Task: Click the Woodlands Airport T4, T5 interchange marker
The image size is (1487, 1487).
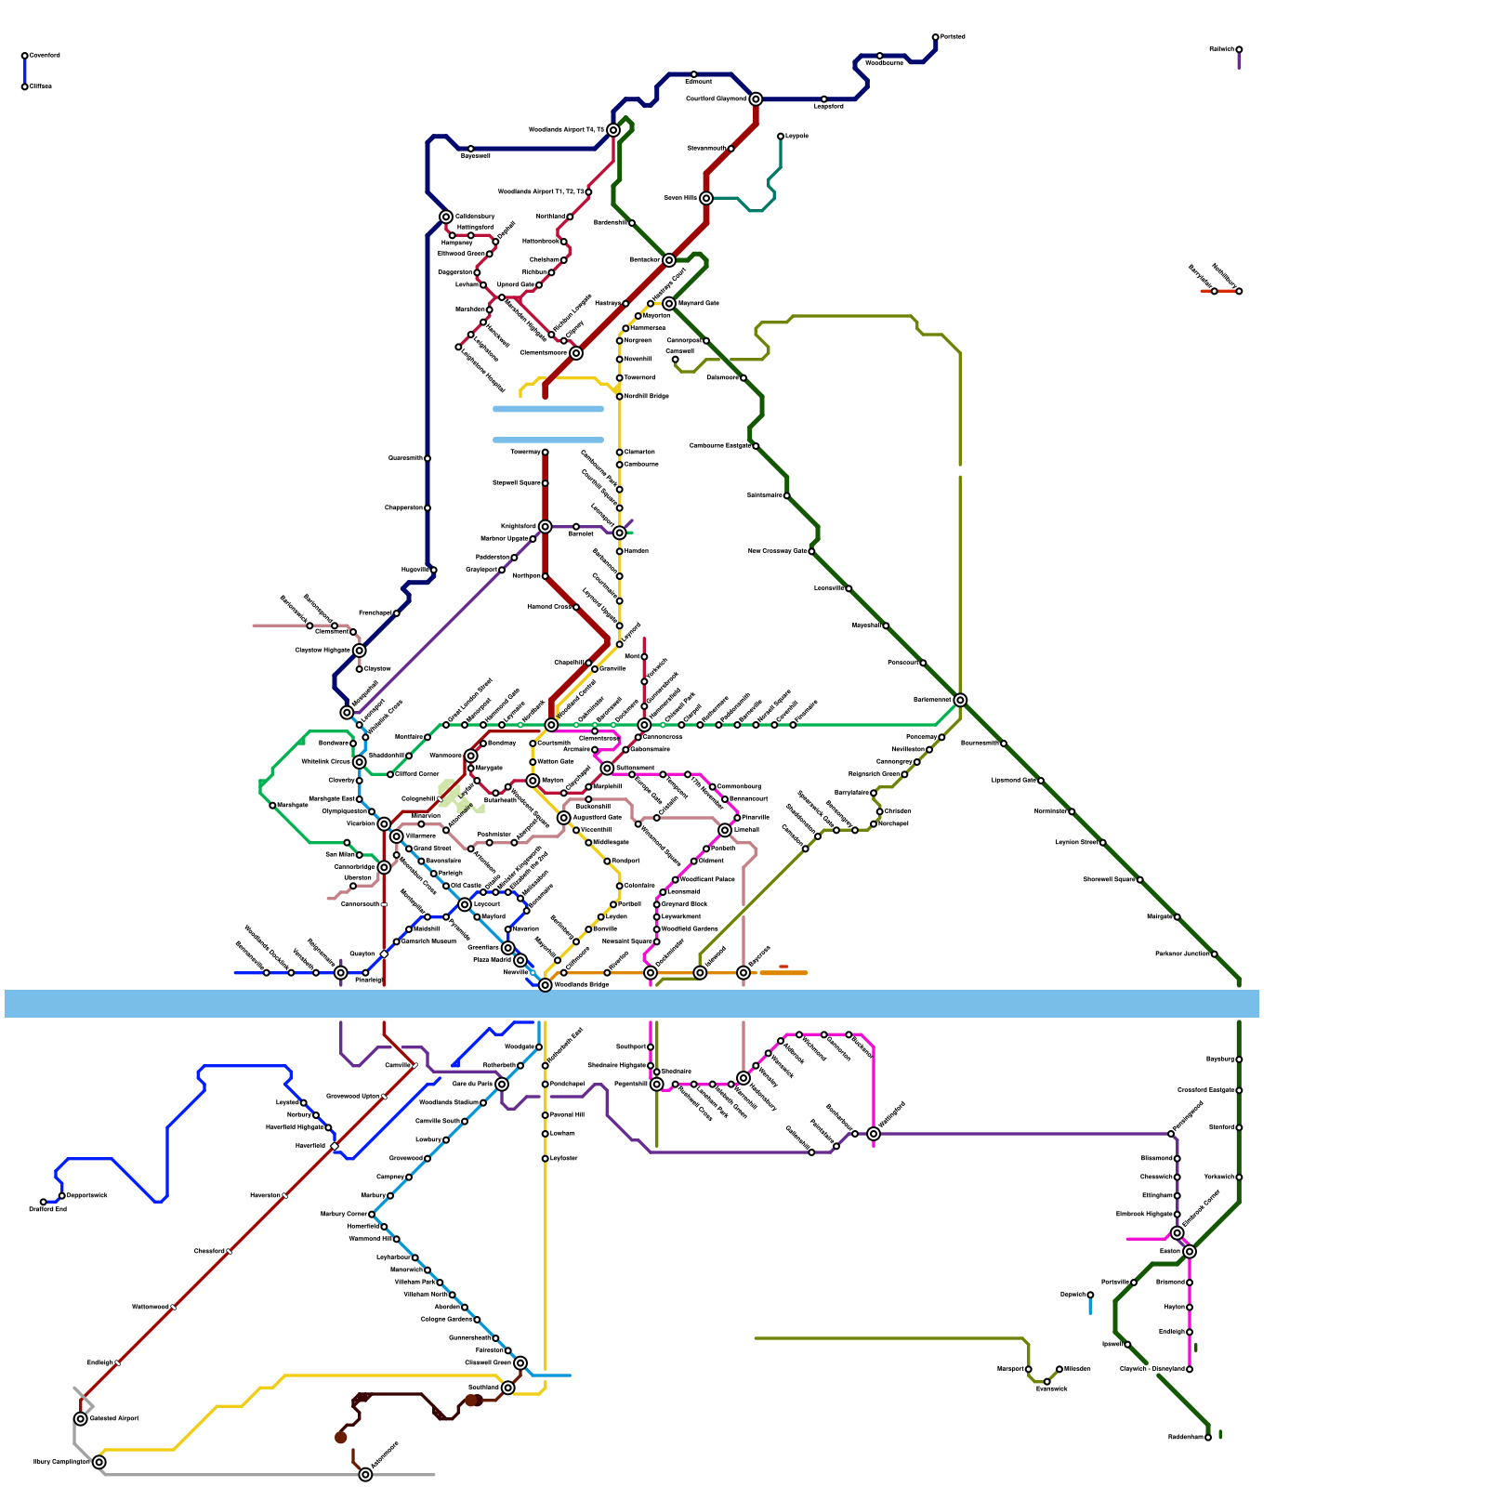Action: pyautogui.click(x=613, y=130)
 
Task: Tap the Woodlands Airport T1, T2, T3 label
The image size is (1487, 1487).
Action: pyautogui.click(x=541, y=192)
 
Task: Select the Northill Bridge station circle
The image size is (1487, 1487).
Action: pyautogui.click(x=620, y=397)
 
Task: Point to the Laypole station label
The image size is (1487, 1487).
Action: pyautogui.click(x=796, y=137)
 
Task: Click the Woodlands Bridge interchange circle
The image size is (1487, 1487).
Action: pyautogui.click(x=546, y=985)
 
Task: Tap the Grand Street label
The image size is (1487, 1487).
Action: pyautogui.click(x=432, y=849)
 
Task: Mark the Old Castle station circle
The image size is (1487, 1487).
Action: pyautogui.click(x=446, y=886)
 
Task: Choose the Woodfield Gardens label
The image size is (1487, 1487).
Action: pyautogui.click(x=690, y=928)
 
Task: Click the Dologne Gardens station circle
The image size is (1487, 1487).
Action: pyautogui.click(x=478, y=1320)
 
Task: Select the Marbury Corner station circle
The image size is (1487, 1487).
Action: pyautogui.click(x=372, y=1215)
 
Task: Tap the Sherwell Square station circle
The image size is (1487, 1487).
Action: pyautogui.click(x=1140, y=880)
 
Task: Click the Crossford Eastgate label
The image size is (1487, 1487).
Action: pyautogui.click(x=1205, y=1090)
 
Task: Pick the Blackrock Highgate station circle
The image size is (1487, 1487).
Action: pyautogui.click(x=1178, y=1215)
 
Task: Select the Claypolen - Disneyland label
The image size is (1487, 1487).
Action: pyautogui.click(x=1151, y=1369)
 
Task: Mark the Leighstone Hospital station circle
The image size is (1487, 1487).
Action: pyautogui.click(x=458, y=348)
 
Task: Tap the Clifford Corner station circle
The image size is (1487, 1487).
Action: pyautogui.click(x=390, y=774)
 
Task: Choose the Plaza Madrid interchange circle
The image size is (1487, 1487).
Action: pyautogui.click(x=520, y=960)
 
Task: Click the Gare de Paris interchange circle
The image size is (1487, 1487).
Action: pyautogui.click(x=502, y=1085)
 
